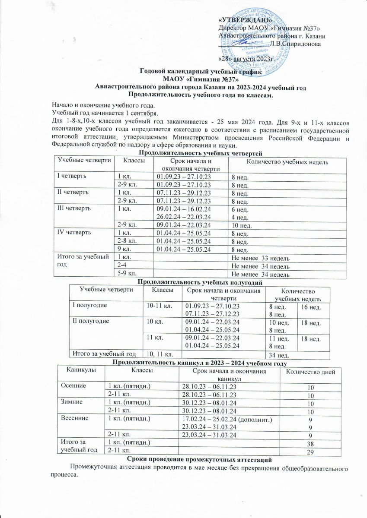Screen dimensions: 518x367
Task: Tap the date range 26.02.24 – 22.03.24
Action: click(185, 216)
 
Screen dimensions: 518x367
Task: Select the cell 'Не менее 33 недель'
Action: click(260, 258)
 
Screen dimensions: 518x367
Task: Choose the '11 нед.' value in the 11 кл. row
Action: click(278, 338)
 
